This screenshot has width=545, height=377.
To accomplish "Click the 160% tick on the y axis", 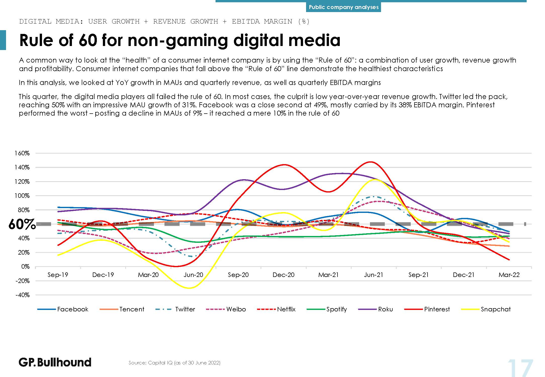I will (22, 153).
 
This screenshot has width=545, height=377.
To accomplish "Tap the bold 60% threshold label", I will (22, 224).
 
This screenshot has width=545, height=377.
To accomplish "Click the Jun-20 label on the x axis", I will (193, 275).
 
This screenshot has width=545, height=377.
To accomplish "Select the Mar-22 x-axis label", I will (509, 275).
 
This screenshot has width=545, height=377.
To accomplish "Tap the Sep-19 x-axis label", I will (58, 275).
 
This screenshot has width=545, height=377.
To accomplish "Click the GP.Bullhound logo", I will (55, 362).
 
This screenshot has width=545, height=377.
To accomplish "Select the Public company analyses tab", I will (343, 7).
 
